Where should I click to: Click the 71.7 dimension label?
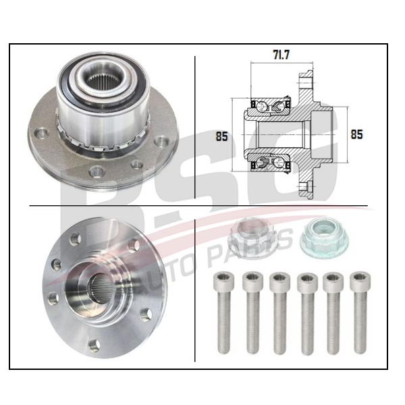281,55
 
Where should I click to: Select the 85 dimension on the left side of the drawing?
222,136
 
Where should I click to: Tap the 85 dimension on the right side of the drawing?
356,134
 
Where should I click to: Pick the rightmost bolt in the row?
360,313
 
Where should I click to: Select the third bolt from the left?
279,313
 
